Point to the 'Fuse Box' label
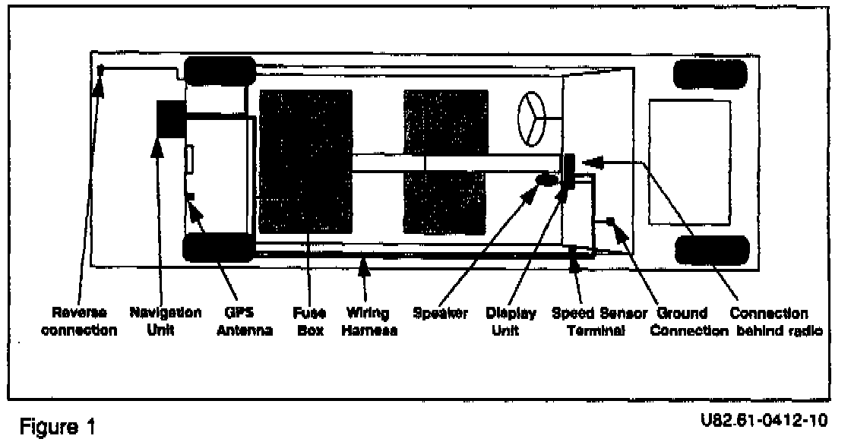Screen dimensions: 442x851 [x=306, y=321]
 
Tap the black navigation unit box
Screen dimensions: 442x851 [x=170, y=118]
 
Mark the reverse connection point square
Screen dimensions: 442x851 [x=100, y=70]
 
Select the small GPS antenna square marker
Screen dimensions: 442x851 [x=191, y=197]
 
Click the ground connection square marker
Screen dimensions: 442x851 [x=609, y=222]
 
